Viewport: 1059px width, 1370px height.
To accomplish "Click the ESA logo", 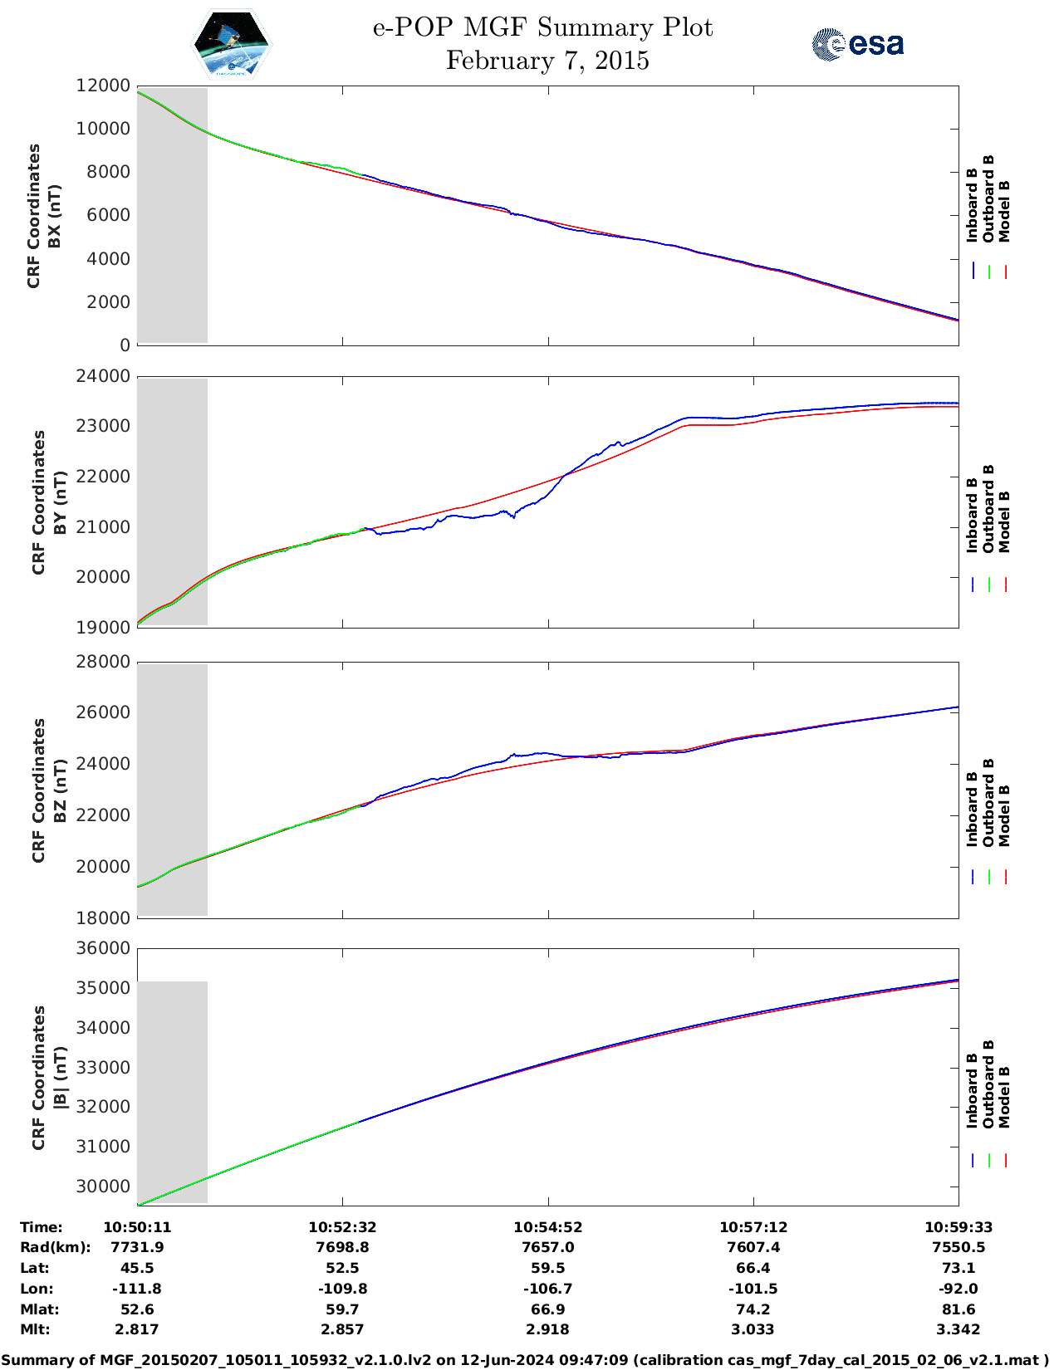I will click(x=857, y=44).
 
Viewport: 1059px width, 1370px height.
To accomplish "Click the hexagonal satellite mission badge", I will click(x=231, y=44).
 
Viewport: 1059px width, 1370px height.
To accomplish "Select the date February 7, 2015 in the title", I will click(x=547, y=61).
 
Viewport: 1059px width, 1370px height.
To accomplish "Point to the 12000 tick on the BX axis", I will click(x=103, y=86).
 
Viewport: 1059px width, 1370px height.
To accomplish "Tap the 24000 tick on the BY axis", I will click(x=103, y=376).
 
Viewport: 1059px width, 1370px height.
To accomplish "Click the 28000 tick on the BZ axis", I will click(x=103, y=662).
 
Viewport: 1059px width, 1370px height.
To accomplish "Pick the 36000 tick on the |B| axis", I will click(x=103, y=948).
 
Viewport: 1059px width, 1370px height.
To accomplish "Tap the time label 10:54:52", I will click(x=547, y=1227).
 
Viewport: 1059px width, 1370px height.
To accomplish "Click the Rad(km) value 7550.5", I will click(x=958, y=1247).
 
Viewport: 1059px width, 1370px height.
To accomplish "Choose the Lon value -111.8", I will click(x=136, y=1289).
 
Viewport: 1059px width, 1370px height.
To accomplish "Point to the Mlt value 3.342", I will click(x=958, y=1329).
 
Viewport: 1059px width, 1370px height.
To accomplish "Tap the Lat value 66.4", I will click(x=753, y=1268).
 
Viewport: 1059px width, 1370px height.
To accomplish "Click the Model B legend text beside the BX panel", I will click(x=1004, y=211).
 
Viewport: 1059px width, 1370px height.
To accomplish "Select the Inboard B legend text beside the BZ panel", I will click(x=972, y=810).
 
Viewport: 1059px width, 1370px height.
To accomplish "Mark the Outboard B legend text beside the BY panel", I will click(x=988, y=508).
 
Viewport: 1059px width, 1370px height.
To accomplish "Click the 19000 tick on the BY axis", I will click(x=103, y=628).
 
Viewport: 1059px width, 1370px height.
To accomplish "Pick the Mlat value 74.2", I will click(x=753, y=1309).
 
